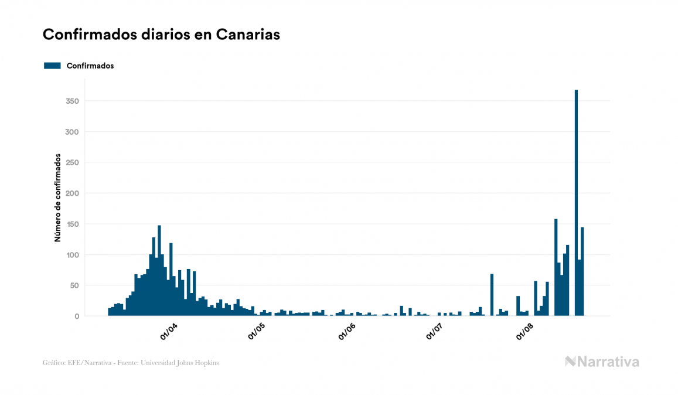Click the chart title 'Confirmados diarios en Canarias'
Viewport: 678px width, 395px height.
161,35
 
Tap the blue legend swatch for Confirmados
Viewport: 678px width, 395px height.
52,66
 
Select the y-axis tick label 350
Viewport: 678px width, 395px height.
73,101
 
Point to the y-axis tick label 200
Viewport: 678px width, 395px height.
73,193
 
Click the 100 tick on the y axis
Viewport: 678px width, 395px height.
73,255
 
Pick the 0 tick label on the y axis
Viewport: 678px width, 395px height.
76,316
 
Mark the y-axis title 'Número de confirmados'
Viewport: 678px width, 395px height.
58,197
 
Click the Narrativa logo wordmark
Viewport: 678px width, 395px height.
602,362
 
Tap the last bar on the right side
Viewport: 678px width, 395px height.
582,272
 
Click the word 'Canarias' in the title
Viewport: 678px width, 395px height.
248,35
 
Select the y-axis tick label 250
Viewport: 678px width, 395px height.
73,163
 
